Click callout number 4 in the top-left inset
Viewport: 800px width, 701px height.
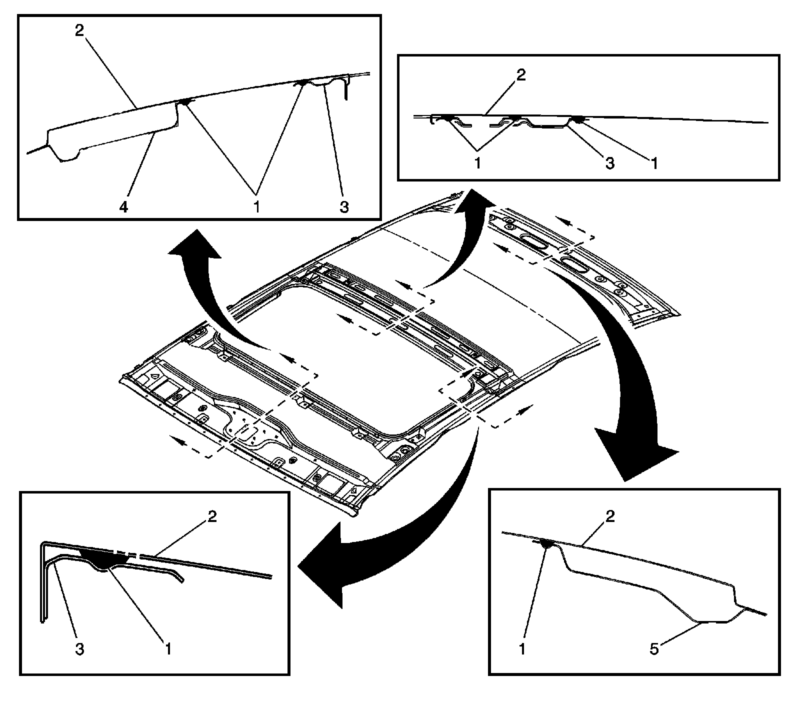tap(123, 206)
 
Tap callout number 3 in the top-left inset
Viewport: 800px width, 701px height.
tap(343, 206)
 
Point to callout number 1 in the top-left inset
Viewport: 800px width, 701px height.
tap(256, 206)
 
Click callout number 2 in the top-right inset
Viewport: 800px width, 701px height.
tap(521, 76)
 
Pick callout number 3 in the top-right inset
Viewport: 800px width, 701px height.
tap(610, 163)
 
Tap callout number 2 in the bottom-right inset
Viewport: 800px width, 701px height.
tap(610, 516)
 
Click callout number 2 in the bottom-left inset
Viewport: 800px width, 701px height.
tap(212, 516)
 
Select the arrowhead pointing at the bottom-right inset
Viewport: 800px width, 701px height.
tap(635, 460)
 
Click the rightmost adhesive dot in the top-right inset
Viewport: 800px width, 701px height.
tap(578, 119)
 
